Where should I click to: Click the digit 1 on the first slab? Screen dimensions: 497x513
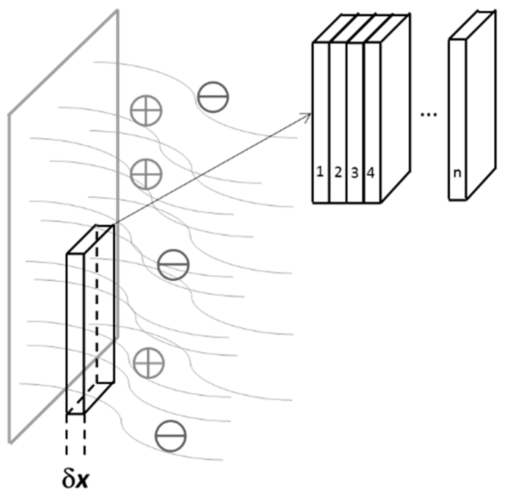(320, 172)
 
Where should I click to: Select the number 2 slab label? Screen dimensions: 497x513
(338, 172)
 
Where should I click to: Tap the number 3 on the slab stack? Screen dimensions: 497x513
(355, 173)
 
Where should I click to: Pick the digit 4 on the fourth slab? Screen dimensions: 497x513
(371, 173)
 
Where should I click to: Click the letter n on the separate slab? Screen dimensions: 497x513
(457, 173)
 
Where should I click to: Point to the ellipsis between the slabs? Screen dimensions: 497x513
(429, 114)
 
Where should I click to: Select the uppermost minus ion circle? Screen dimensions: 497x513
(213, 97)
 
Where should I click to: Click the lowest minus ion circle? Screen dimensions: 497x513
(171, 436)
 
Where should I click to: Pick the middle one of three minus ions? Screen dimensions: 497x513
(173, 265)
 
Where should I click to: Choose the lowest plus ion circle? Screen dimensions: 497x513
(149, 363)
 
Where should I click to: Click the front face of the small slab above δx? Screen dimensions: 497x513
(75, 332)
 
